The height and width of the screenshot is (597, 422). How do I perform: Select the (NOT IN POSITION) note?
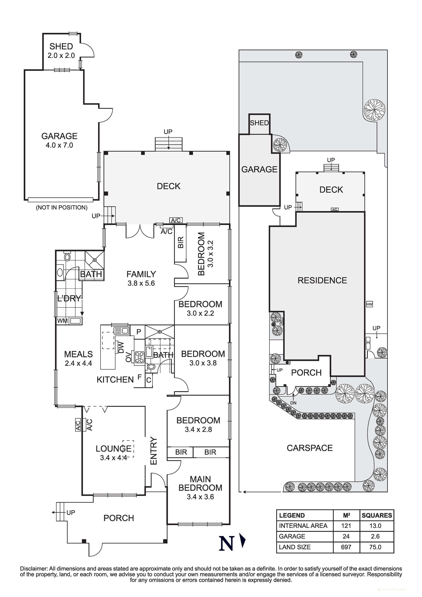point(62,208)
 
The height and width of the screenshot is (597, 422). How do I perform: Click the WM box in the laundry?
point(62,321)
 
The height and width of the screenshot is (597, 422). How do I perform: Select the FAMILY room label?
point(141,274)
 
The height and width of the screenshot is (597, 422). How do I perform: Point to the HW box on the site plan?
point(369,304)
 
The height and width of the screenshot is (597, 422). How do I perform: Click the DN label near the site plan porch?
point(293,403)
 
